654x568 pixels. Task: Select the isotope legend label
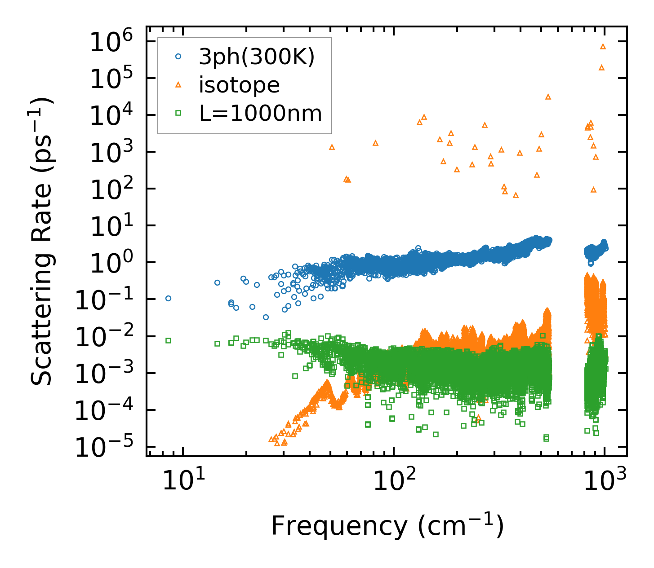click(239, 85)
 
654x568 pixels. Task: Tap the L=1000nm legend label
click(260, 113)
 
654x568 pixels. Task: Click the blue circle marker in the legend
click(178, 57)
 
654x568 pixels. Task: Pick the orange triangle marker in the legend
click(178, 84)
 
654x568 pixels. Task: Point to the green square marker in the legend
click(178, 113)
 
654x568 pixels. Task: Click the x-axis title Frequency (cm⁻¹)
click(387, 526)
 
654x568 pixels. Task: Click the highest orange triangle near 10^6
click(603, 46)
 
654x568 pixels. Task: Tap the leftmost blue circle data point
click(168, 298)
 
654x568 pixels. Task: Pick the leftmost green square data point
click(168, 340)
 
